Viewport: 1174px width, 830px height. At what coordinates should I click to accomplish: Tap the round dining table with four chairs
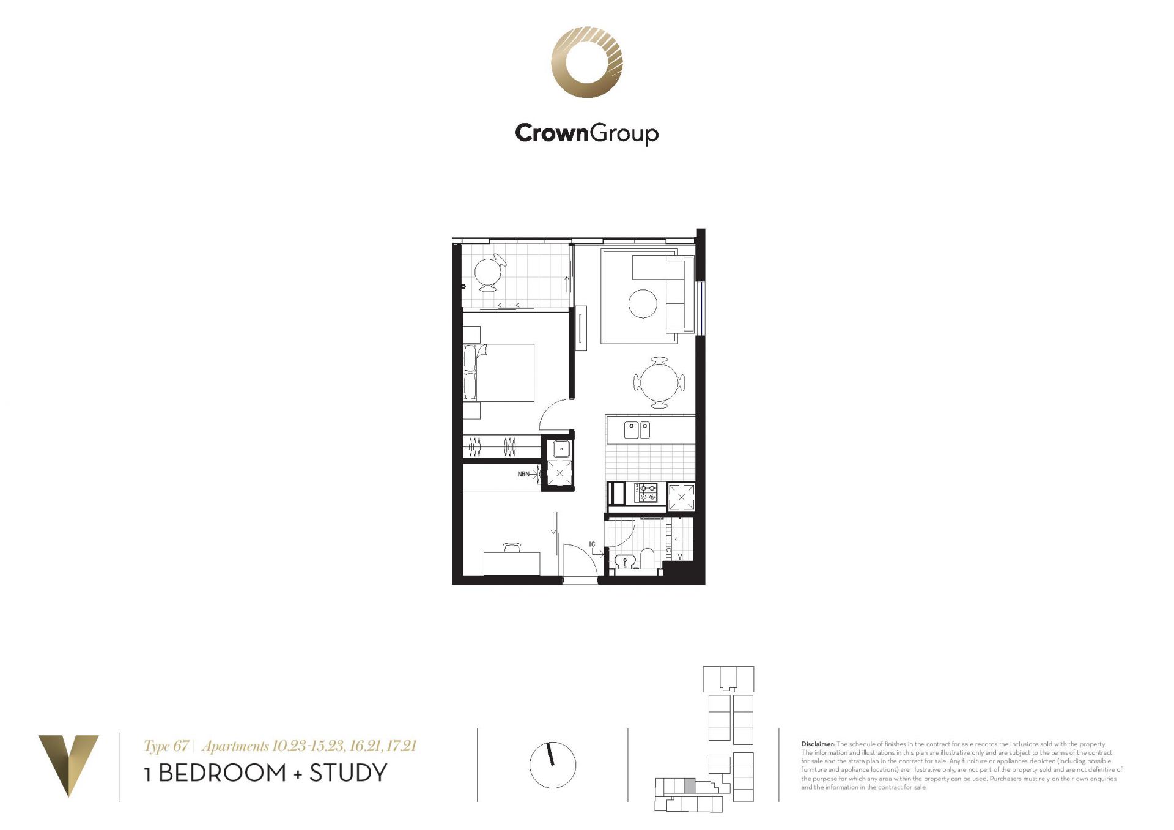(x=659, y=383)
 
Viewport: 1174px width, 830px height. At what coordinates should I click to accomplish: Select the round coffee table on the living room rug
(x=643, y=303)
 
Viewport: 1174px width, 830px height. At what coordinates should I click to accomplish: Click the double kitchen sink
(x=637, y=430)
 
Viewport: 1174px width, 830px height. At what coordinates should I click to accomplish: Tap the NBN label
(x=523, y=474)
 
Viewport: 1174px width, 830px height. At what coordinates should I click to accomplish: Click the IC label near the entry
(x=592, y=544)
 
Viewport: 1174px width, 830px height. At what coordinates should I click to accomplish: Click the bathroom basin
(x=624, y=561)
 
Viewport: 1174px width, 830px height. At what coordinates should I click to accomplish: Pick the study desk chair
(x=512, y=547)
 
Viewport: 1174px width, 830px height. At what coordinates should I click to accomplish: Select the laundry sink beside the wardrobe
(x=560, y=450)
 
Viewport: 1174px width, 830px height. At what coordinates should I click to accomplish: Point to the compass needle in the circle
(x=550, y=754)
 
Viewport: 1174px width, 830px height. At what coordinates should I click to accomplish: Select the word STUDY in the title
(x=349, y=773)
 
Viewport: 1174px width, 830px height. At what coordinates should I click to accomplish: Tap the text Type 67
(x=166, y=746)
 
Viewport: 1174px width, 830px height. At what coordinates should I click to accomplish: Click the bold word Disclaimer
(x=818, y=744)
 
